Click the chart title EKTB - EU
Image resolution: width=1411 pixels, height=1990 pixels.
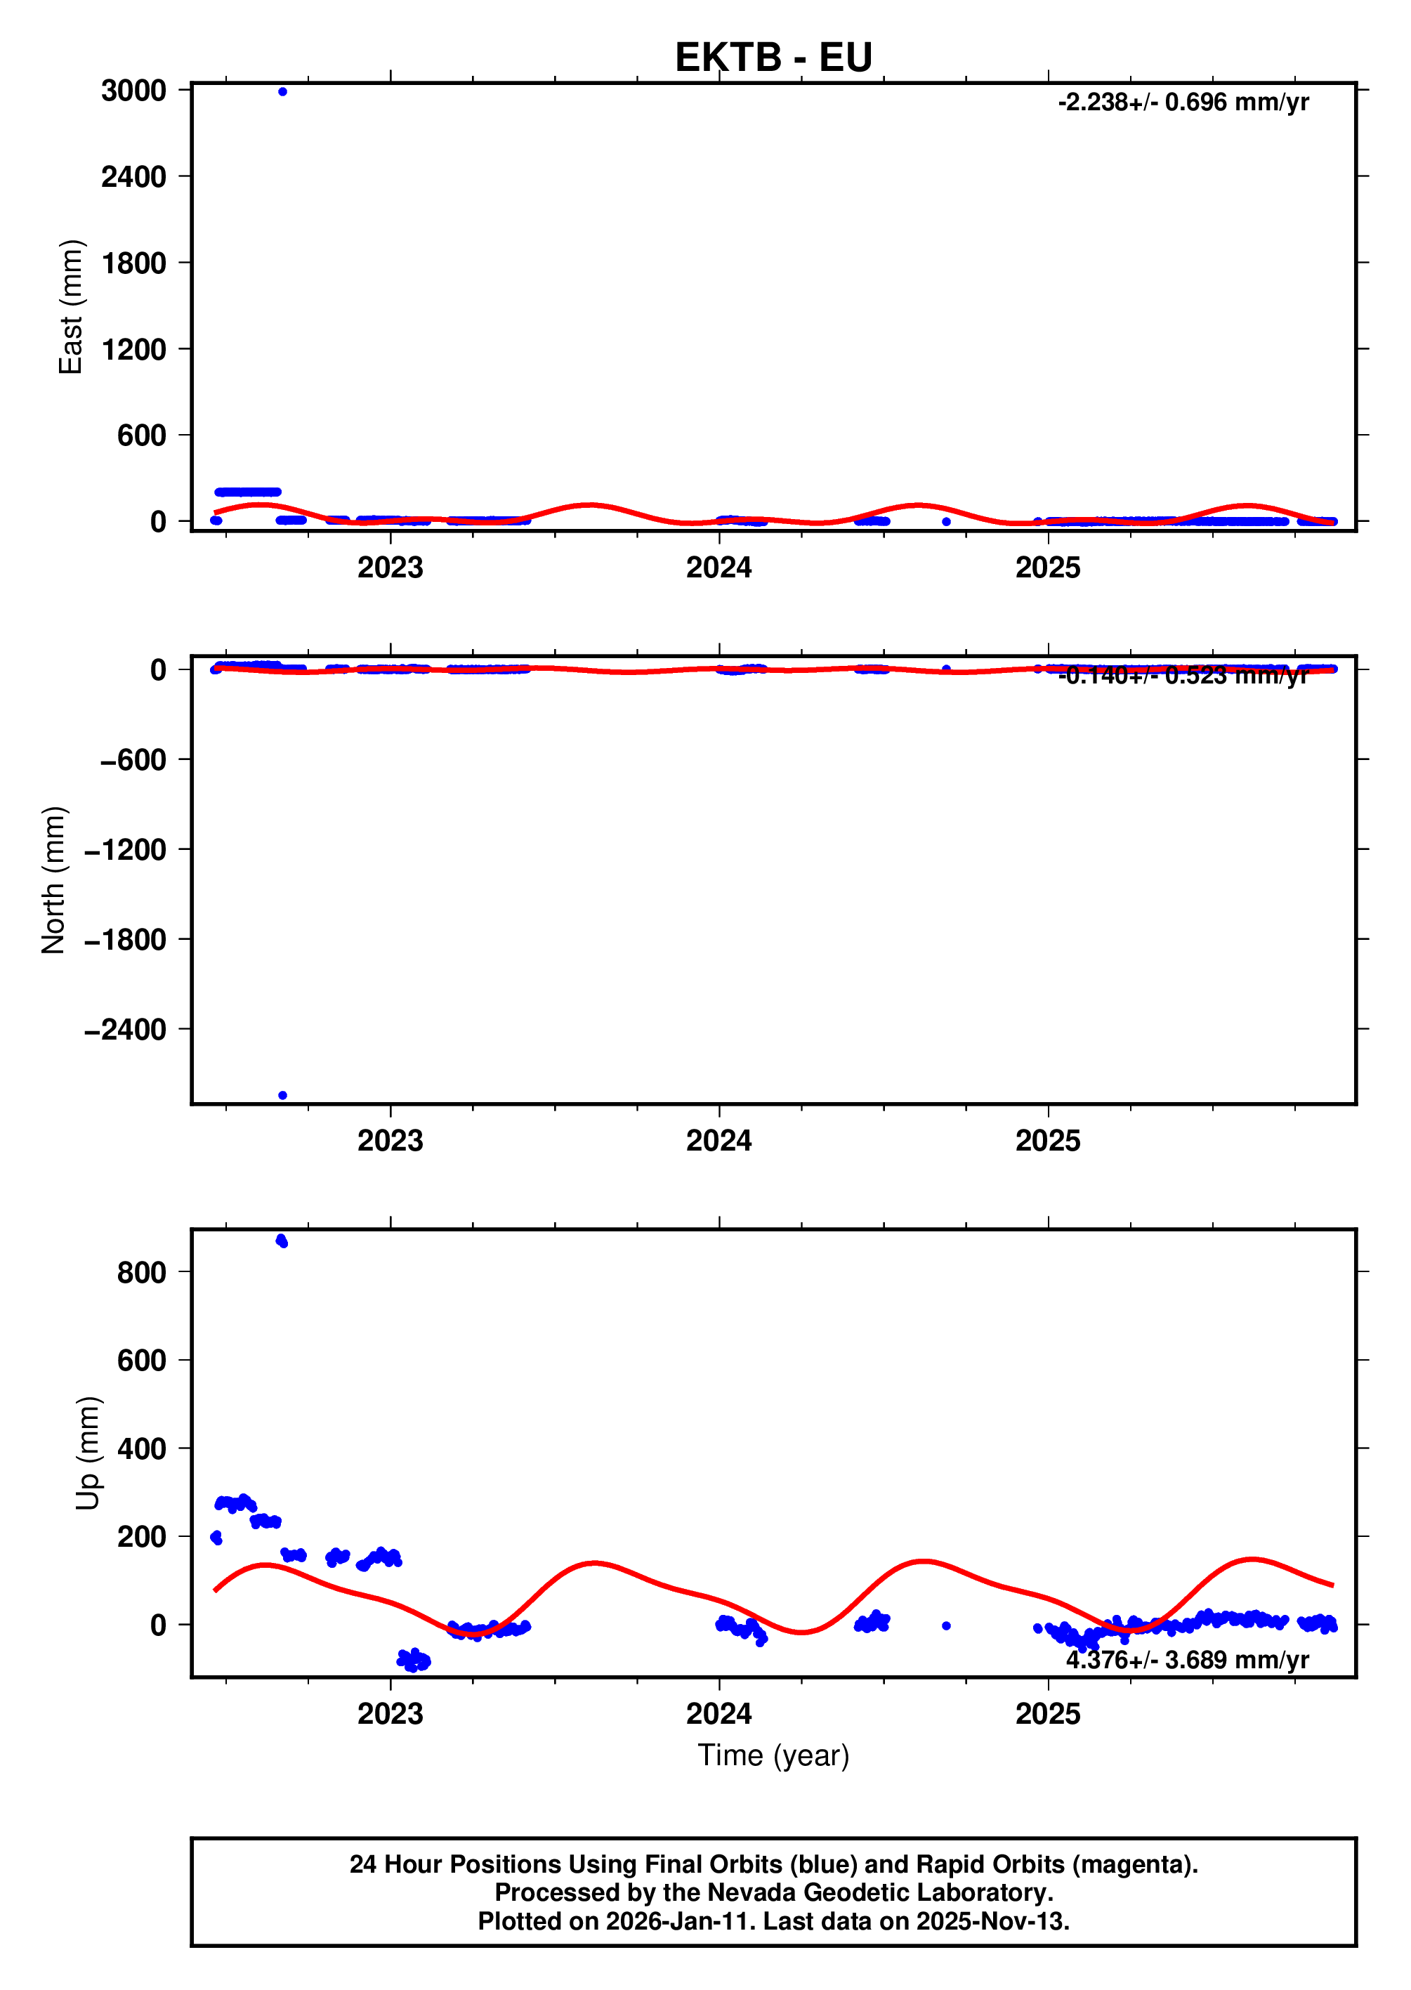pyautogui.click(x=773, y=58)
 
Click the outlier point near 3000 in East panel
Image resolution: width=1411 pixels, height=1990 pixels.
pyautogui.click(x=282, y=91)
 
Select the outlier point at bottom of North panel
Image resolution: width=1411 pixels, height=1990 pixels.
pyautogui.click(x=282, y=1095)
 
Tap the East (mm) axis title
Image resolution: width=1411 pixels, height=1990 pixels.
pyautogui.click(x=70, y=307)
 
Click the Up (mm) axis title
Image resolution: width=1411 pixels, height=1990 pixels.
pyautogui.click(x=88, y=1453)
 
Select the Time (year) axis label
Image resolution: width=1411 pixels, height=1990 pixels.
pyautogui.click(x=773, y=1755)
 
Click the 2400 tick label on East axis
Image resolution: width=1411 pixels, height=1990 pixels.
pyautogui.click(x=134, y=177)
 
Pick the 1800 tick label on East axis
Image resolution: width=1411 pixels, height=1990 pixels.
pyautogui.click(x=134, y=263)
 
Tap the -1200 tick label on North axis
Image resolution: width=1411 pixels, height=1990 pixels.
pyautogui.click(x=125, y=850)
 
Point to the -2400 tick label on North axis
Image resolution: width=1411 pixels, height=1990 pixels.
pyautogui.click(x=125, y=1030)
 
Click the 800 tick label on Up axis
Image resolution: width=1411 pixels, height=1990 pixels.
pyautogui.click(x=142, y=1272)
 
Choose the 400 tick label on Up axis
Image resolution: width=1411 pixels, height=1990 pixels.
pyautogui.click(x=142, y=1448)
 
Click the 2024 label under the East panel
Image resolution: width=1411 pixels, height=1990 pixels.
pyautogui.click(x=718, y=568)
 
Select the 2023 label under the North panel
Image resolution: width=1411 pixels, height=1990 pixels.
pyautogui.click(x=390, y=1141)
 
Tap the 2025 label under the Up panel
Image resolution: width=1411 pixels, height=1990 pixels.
pyautogui.click(x=1048, y=1714)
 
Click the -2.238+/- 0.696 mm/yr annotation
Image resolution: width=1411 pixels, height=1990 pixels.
pyautogui.click(x=1183, y=103)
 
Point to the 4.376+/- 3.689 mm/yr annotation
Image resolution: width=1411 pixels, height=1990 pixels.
pyautogui.click(x=1187, y=1660)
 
